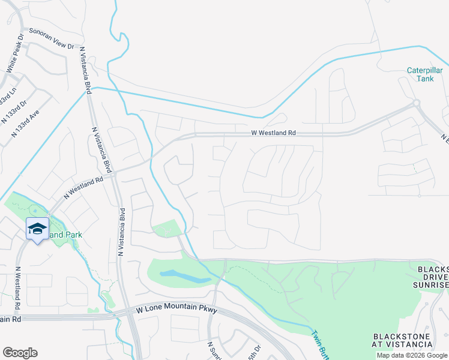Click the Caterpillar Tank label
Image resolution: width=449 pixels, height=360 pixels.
424,74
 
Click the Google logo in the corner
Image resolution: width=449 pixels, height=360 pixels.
20,353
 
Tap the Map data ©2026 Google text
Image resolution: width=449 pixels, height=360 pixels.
411,355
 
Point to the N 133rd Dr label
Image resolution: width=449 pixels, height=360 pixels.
14,110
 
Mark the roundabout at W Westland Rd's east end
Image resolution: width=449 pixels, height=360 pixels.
416,104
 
